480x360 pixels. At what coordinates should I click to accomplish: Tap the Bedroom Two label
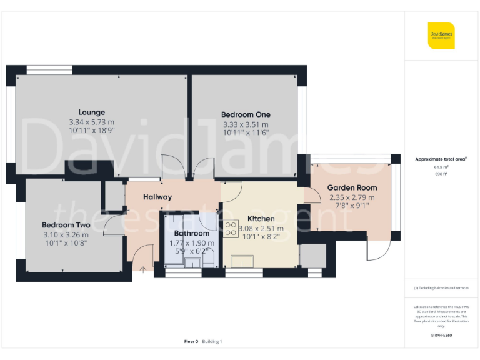click(66, 225)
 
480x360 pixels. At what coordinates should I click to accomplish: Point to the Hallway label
click(157, 197)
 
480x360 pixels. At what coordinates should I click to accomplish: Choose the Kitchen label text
click(261, 219)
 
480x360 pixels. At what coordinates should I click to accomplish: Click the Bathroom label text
click(192, 234)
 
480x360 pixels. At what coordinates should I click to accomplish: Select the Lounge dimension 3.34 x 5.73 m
click(92, 122)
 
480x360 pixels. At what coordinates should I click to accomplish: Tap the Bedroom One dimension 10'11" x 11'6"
click(246, 133)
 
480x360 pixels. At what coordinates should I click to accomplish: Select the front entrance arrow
click(143, 269)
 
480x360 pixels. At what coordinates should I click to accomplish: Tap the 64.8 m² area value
click(441, 167)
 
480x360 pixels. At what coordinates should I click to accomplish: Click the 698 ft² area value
click(441, 174)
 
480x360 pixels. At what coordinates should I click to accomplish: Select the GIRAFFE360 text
click(441, 336)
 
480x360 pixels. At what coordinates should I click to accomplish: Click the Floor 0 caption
click(191, 341)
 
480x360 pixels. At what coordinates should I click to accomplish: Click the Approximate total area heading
click(440, 159)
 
